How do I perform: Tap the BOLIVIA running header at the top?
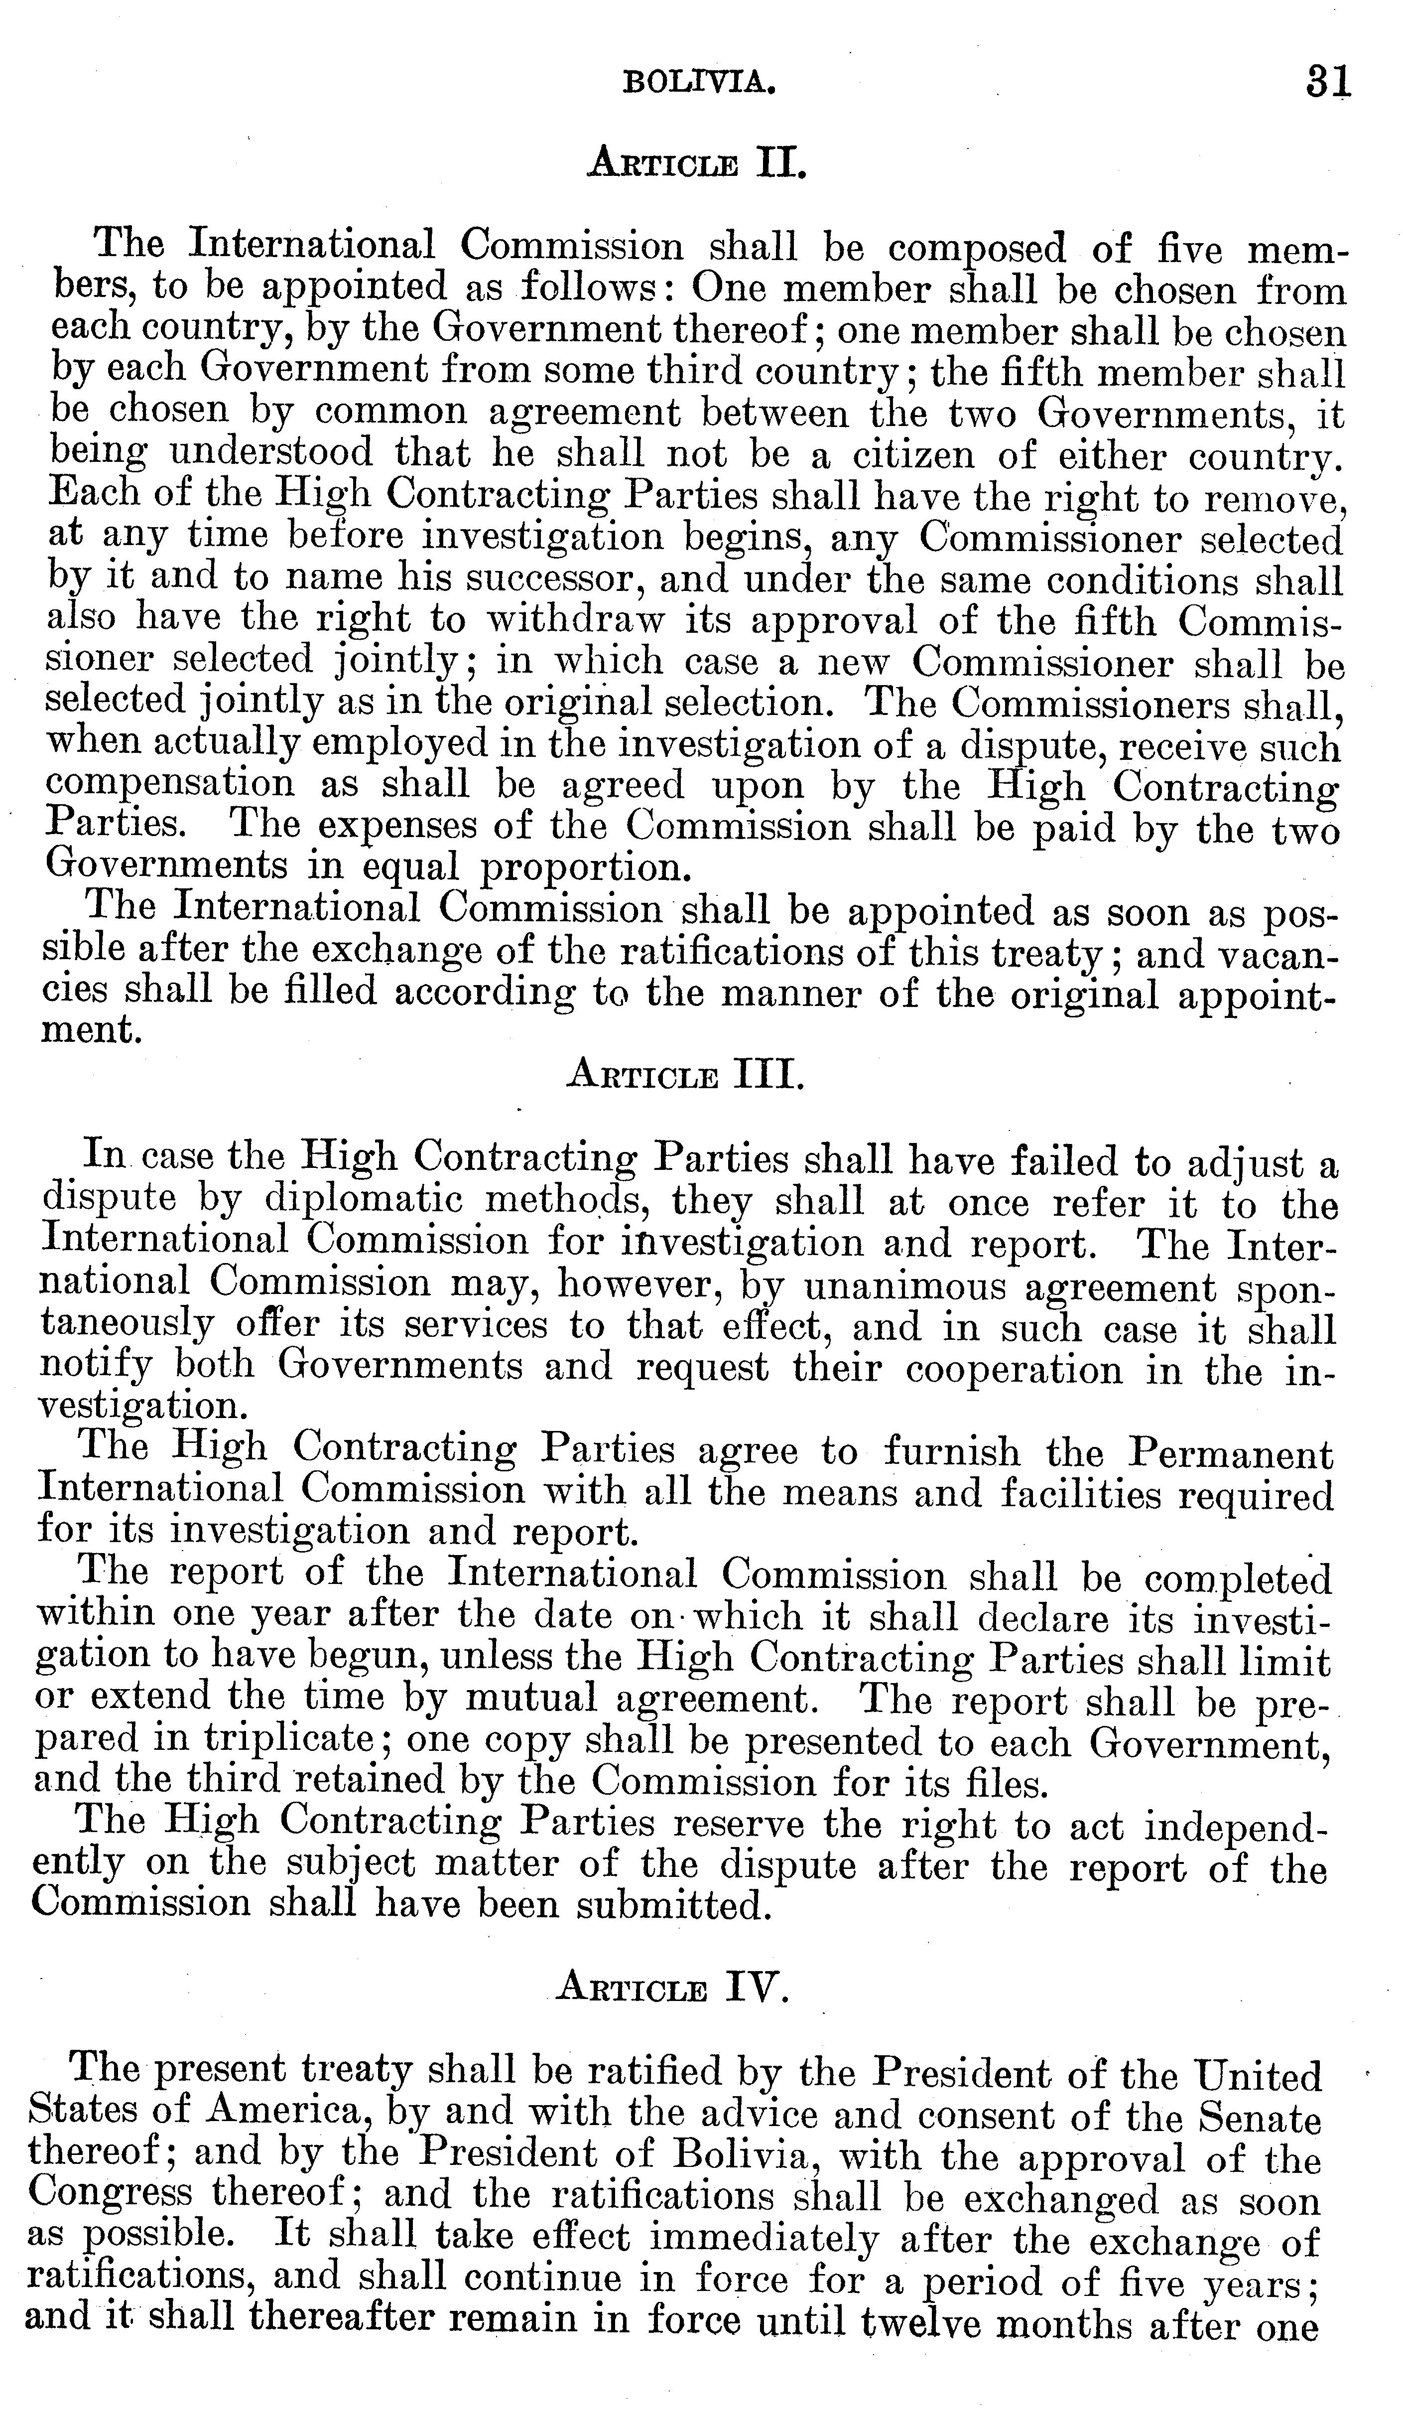[699, 84]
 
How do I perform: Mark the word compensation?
[170, 784]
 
